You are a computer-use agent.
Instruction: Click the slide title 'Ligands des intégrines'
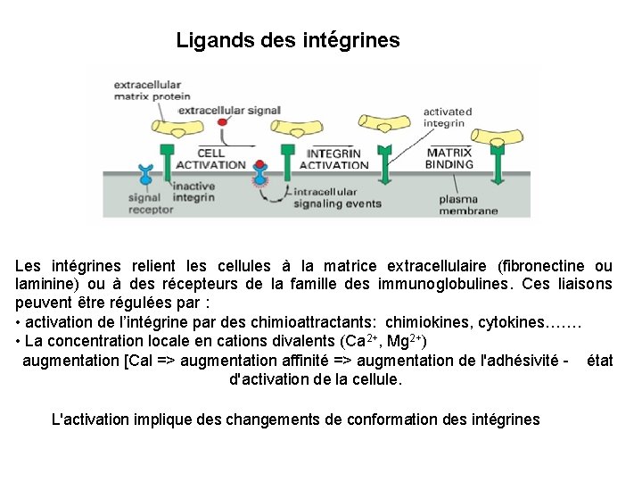tap(288, 40)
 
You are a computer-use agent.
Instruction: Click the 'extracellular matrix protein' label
tap(152, 91)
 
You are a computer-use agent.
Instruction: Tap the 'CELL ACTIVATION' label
tap(210, 159)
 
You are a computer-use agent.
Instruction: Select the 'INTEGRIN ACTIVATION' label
tap(333, 159)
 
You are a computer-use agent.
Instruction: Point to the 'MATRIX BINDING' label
tap(449, 158)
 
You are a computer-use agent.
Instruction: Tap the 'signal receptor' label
tap(133, 204)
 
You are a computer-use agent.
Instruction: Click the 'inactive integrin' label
tap(193, 191)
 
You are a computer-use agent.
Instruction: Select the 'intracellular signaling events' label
tap(337, 197)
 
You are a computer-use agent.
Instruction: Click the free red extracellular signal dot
tap(224, 123)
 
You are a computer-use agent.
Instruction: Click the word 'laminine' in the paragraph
tap(45, 284)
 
